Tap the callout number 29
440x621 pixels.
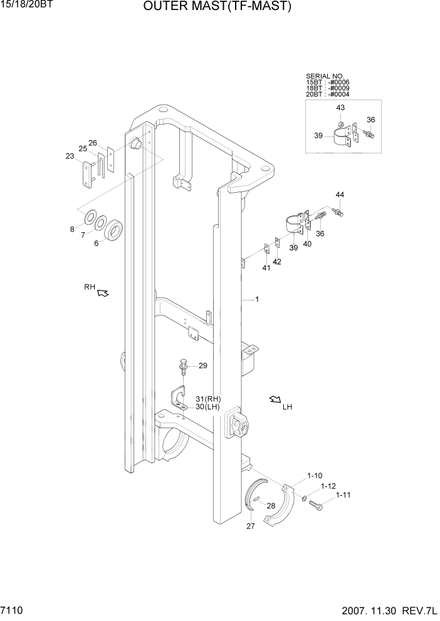(202, 366)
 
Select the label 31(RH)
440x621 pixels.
(208, 399)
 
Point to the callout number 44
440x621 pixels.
(340, 195)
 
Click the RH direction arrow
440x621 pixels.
(103, 292)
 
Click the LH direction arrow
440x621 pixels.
(275, 399)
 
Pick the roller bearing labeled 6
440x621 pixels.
(115, 230)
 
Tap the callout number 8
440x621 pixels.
(72, 229)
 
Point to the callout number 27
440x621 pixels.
(250, 526)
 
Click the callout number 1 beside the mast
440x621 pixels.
(257, 300)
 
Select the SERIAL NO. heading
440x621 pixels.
(325, 76)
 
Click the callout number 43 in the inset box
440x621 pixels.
(340, 108)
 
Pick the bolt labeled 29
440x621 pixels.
(184, 366)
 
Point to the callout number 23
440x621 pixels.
(70, 157)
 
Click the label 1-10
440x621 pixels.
(315, 475)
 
